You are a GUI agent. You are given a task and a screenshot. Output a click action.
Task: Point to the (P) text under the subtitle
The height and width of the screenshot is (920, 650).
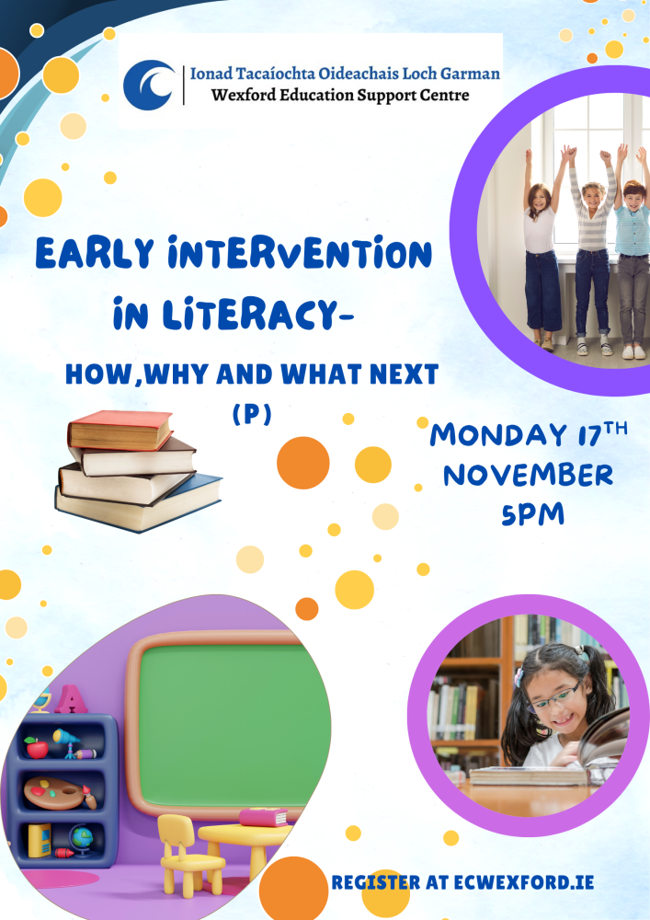point(252,416)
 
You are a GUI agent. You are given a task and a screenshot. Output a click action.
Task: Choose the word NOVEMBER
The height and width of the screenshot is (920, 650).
point(528,476)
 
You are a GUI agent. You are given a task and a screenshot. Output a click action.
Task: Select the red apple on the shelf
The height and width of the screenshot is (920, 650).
point(36,746)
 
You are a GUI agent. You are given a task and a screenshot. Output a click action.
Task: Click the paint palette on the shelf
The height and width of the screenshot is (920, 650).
point(53,790)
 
